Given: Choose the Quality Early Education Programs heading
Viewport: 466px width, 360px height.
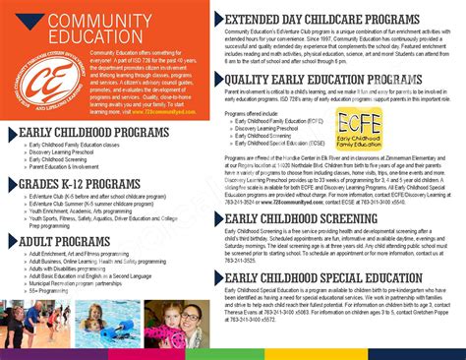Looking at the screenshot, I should [323, 80].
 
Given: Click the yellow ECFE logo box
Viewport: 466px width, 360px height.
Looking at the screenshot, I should [360, 127].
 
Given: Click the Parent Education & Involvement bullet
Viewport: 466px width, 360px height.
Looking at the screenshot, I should [69, 167].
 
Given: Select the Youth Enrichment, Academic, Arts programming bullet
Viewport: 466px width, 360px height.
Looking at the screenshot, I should [85, 211].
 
